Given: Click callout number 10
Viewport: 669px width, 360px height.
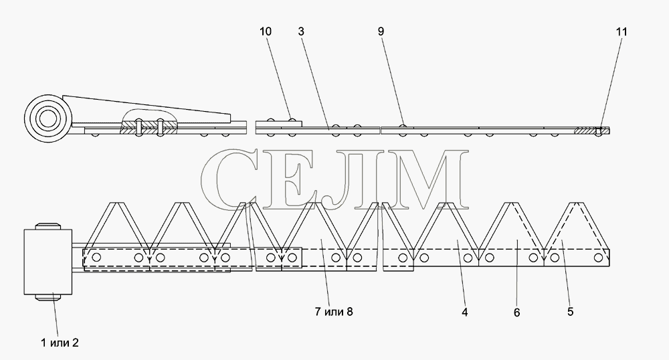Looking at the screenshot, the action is pos(265,31).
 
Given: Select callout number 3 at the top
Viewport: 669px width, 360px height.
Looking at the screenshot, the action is pos(301,31).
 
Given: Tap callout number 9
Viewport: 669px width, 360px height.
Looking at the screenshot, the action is pos(381,31).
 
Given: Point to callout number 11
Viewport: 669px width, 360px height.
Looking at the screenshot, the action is pos(622,31).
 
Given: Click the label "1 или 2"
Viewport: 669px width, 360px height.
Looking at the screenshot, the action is pos(60,343).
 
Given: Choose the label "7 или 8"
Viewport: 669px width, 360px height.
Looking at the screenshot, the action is pos(334,312).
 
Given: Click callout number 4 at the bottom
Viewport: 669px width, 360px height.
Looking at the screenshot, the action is pos(465,312).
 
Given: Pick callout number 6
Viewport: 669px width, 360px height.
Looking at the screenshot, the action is pos(516,312).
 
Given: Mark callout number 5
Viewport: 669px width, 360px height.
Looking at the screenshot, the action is pos(571,312).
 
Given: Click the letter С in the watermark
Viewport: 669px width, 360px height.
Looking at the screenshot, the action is pos(229,179).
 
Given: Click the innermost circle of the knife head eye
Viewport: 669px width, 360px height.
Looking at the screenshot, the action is pos(47,118).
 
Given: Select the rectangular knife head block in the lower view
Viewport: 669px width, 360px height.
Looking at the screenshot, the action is pos(47,262).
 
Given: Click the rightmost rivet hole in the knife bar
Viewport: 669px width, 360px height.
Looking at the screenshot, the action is pos(598,257).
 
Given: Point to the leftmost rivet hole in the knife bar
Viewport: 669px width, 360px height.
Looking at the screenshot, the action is pos(96,257).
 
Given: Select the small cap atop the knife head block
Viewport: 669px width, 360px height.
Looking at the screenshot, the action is pos(47,226).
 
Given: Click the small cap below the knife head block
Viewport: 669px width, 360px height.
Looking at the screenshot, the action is pos(47,297).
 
